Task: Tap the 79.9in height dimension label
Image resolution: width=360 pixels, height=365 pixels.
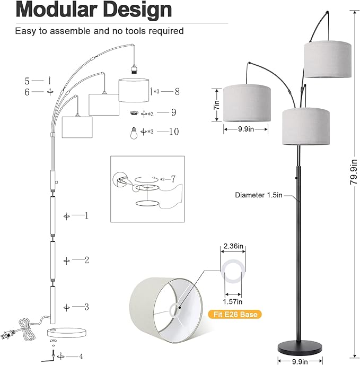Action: point(354,172)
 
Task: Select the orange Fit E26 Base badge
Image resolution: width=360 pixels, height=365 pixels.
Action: point(235,315)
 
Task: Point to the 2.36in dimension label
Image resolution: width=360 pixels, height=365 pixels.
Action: point(233,246)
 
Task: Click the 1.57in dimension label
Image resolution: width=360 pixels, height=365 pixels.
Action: point(233,302)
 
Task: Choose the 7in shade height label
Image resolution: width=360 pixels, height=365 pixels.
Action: point(217,105)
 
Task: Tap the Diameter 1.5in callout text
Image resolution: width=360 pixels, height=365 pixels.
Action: point(259,195)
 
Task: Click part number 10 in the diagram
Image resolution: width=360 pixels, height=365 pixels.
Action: point(174,132)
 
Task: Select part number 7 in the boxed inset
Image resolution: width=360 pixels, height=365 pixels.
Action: point(173,179)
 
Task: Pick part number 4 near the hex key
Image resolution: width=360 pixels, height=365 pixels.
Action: point(81,356)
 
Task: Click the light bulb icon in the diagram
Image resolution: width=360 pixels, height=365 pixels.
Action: point(134,133)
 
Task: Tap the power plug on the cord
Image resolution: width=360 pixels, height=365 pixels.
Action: point(6,335)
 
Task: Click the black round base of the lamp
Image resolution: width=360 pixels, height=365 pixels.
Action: point(300,346)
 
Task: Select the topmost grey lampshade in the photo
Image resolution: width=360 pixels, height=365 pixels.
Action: point(328,59)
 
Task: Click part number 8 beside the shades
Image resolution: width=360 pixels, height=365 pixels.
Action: point(177,91)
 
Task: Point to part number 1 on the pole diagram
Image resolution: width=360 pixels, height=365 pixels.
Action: point(86,216)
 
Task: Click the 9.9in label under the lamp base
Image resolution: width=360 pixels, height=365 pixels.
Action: point(300,361)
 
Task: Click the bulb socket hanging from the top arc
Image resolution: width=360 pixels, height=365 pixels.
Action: point(134,69)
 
